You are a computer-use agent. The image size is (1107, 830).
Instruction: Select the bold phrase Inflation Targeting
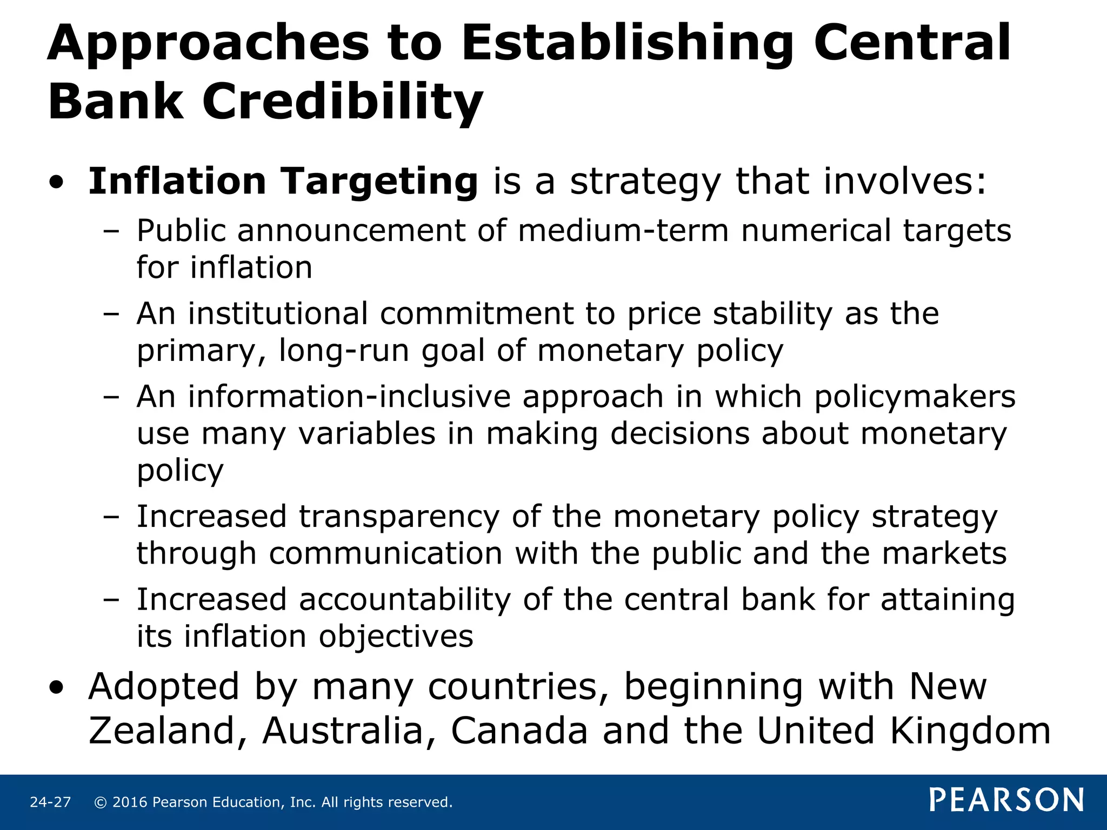283,181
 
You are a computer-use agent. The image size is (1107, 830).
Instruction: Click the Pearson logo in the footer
1006,800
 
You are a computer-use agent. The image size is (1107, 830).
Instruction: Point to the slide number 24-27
50,802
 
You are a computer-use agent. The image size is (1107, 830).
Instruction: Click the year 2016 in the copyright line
130,802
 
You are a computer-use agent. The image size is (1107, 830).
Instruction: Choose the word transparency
399,517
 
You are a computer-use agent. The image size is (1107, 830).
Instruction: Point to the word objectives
396,637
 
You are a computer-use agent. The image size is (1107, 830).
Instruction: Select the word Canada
519,731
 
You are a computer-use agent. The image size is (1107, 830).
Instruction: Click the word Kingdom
970,731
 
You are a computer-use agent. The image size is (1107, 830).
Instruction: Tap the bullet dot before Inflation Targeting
56,183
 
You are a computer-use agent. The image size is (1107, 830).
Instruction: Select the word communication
386,554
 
